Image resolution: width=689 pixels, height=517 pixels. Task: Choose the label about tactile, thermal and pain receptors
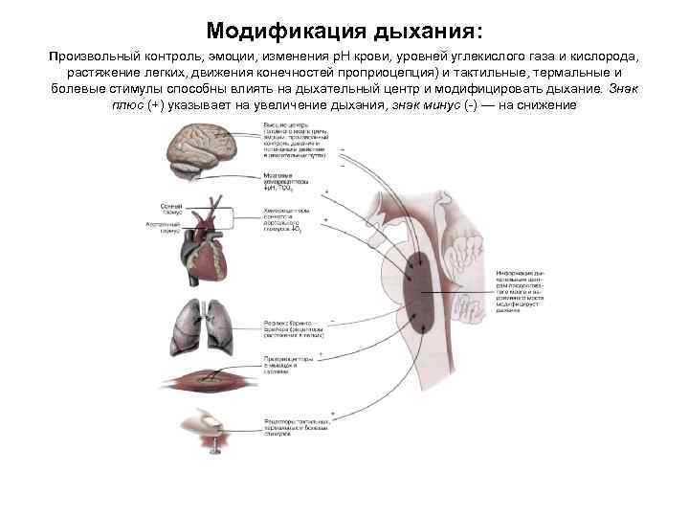point(298,425)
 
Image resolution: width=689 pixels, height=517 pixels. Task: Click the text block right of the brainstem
point(523,292)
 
